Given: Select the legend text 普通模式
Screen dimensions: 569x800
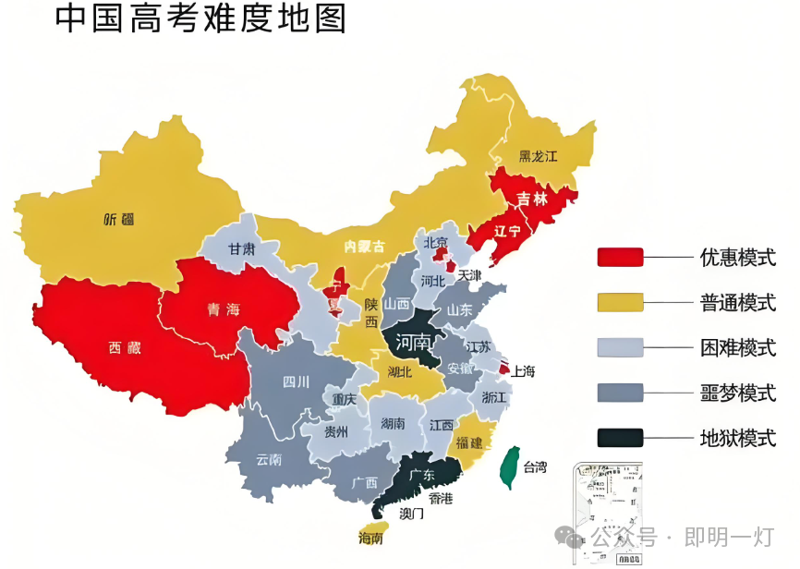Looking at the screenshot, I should click(x=737, y=302).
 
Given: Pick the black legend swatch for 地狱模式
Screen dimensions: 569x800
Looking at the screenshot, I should click(x=621, y=437).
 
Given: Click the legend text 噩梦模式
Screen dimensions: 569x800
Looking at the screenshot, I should click(x=737, y=393).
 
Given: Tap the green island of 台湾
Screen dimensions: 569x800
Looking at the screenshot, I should click(x=507, y=466).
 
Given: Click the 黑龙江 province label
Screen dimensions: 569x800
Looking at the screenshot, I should click(x=538, y=156).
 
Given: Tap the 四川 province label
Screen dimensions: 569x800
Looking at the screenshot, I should click(x=296, y=381).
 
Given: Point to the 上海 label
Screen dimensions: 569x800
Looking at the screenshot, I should click(x=524, y=371).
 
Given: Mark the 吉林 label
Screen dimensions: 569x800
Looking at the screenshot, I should click(x=531, y=199).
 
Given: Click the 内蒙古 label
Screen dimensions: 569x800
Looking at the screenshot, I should click(x=363, y=246).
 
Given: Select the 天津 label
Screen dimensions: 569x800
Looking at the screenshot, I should click(x=469, y=275).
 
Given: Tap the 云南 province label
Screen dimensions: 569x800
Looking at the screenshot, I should click(x=269, y=459).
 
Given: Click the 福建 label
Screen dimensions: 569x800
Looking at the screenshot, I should click(x=469, y=442).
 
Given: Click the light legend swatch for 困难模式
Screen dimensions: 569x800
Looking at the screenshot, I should click(x=621, y=347).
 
